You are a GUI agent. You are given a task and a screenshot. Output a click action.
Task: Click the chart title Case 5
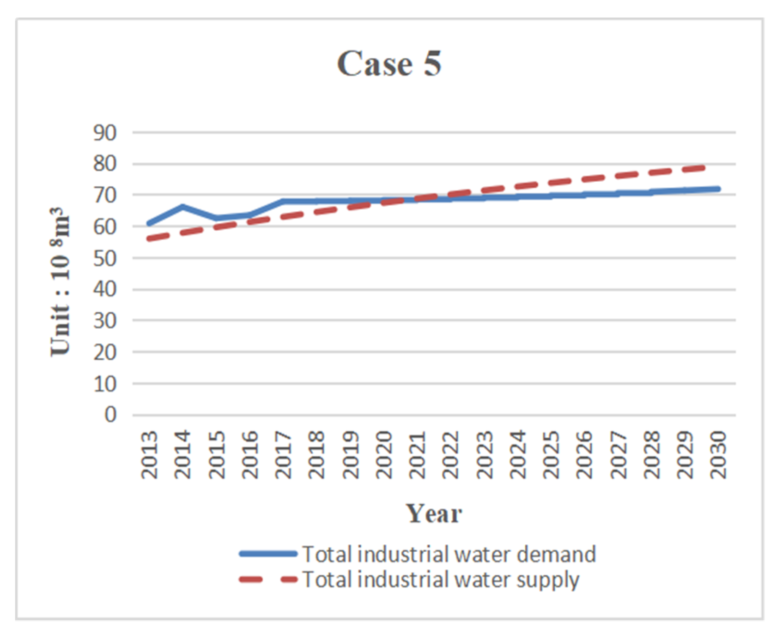click(x=389, y=64)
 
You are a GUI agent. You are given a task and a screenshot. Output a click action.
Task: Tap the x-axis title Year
click(x=434, y=513)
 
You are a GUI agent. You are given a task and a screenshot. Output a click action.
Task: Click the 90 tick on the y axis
click(x=105, y=133)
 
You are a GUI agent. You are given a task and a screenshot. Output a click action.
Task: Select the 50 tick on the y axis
click(x=105, y=258)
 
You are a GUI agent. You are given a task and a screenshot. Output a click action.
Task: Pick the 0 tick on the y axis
click(x=110, y=415)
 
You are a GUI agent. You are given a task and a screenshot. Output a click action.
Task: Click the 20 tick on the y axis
click(x=105, y=352)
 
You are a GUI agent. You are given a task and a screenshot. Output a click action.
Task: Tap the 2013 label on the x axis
click(x=150, y=455)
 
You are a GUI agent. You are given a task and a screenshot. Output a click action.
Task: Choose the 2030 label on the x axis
click(x=719, y=455)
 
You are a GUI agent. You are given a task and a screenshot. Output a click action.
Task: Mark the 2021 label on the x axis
click(x=418, y=455)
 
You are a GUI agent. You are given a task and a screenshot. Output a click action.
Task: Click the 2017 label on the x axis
click(x=284, y=455)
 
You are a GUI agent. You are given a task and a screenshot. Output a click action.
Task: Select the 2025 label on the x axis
click(x=552, y=455)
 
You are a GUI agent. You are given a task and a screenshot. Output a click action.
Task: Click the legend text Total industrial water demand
click(x=449, y=554)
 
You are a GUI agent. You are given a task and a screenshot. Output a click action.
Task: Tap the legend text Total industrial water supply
click(x=441, y=580)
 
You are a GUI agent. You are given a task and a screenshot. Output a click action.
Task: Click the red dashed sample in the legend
click(x=268, y=580)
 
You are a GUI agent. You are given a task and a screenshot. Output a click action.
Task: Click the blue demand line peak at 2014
click(x=183, y=207)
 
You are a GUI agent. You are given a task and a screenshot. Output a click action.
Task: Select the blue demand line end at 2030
click(x=717, y=189)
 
